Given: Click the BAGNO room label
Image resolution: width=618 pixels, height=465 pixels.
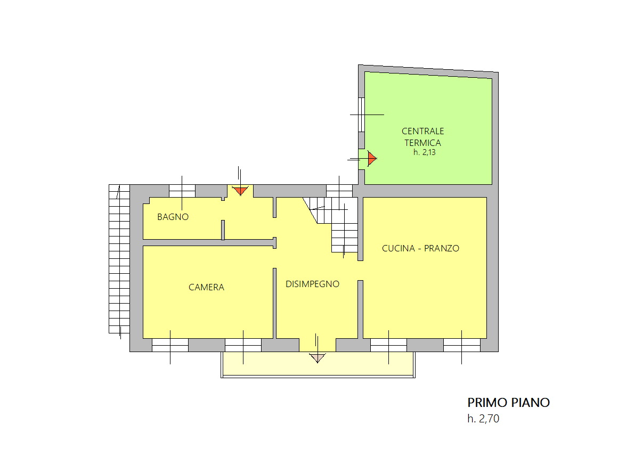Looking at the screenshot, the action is coord(173,217).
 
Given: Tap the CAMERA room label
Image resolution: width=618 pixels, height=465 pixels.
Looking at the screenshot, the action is coord(206,287).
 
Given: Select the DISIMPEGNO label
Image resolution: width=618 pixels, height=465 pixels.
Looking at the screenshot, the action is coord(312,284).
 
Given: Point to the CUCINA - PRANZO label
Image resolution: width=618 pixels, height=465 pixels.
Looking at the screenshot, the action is coord(420,248).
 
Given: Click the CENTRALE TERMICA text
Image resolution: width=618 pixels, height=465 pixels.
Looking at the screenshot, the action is coord(422,137).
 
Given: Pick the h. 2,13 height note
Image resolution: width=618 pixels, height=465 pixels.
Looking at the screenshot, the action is coord(425,152).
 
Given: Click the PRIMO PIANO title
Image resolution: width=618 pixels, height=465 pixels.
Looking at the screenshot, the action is coord(508,402).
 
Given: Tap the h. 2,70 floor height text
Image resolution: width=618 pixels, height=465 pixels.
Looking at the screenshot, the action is coord(483,419).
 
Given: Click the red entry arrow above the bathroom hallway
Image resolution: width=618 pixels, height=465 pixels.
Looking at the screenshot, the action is coord(240,191).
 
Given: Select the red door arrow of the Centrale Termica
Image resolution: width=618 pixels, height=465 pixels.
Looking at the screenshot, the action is coord(372,158).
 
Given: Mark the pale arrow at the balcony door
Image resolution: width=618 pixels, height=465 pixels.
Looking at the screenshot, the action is coord(318,358).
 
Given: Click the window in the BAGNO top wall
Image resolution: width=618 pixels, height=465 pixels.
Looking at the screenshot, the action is coord(182,191).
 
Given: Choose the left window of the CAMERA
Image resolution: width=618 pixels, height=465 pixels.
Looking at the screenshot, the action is coord(170,345).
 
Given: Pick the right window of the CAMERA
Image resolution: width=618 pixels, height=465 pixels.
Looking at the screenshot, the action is coord(243,345).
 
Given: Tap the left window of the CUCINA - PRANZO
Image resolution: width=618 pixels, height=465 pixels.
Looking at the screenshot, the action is coord(388,345).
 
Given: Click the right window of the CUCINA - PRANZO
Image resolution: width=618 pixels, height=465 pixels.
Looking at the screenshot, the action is coord(461,345).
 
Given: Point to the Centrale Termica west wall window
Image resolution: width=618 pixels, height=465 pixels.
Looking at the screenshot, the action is coord(361,115).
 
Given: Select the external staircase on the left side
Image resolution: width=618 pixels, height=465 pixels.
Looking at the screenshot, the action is coord(119,259).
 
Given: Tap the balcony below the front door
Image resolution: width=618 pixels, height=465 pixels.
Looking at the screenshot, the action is coord(318,364).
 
